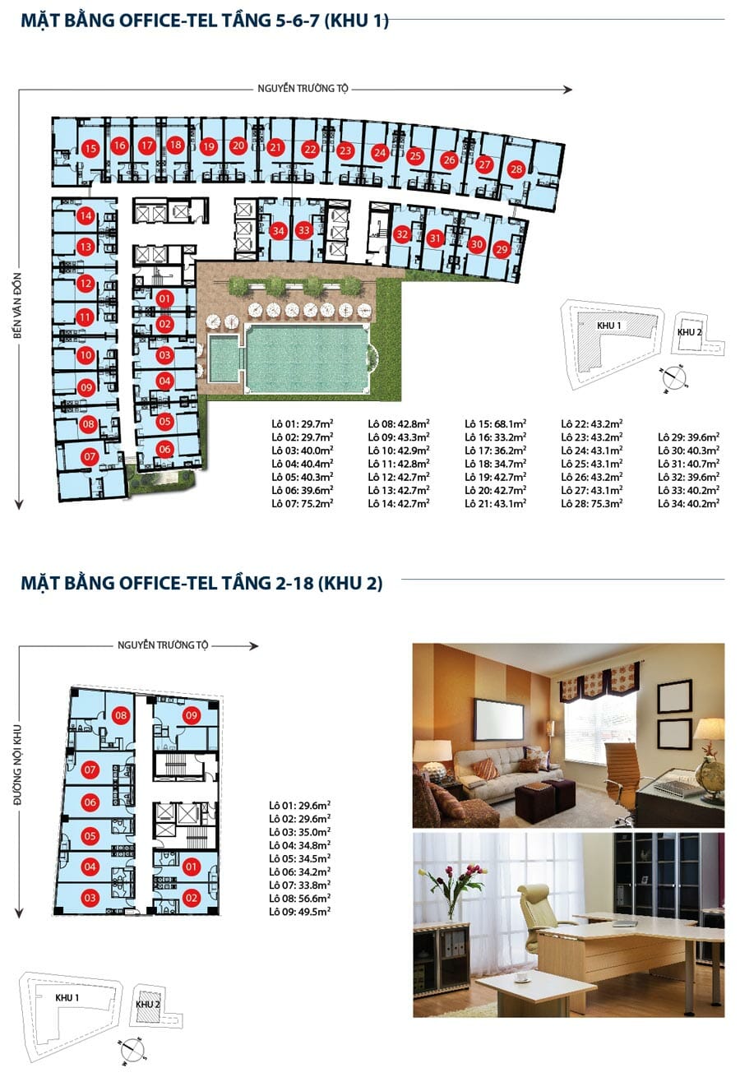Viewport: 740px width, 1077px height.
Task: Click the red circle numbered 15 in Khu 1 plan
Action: [x=90, y=148]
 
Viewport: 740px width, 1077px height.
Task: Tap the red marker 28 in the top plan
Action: [x=516, y=169]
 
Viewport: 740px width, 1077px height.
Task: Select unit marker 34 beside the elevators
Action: [x=279, y=231]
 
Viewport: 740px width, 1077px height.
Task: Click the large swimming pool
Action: [x=307, y=358]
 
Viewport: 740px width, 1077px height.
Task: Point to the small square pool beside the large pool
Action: [x=224, y=358]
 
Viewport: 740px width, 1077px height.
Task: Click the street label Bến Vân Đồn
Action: [x=18, y=306]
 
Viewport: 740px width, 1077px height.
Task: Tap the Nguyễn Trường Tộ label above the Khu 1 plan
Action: [x=303, y=89]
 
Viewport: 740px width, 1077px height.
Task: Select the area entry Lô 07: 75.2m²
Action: [x=303, y=503]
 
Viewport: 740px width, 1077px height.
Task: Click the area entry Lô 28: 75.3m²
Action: [x=592, y=503]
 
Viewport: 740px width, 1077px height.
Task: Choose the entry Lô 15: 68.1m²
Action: [x=495, y=423]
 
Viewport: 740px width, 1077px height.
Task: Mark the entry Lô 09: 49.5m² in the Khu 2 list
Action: [x=299, y=911]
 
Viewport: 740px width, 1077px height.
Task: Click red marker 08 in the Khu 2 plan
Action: [x=121, y=715]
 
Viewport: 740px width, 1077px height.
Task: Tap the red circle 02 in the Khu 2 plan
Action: [x=191, y=898]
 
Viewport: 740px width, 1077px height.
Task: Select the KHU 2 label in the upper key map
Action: [x=689, y=332]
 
